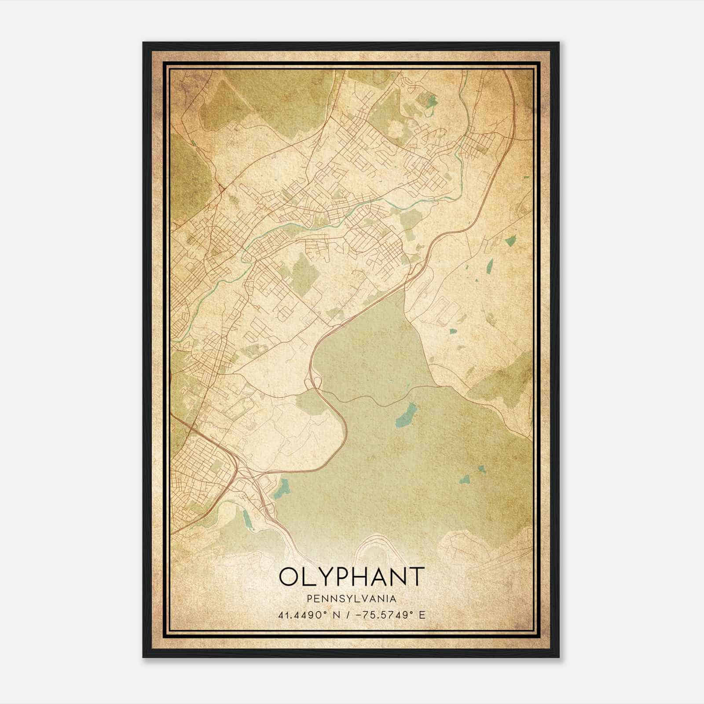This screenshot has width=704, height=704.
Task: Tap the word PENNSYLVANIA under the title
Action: click(x=352, y=599)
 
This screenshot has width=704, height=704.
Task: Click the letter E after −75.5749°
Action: click(x=422, y=615)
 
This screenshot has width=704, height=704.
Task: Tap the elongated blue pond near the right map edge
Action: click(x=489, y=265)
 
